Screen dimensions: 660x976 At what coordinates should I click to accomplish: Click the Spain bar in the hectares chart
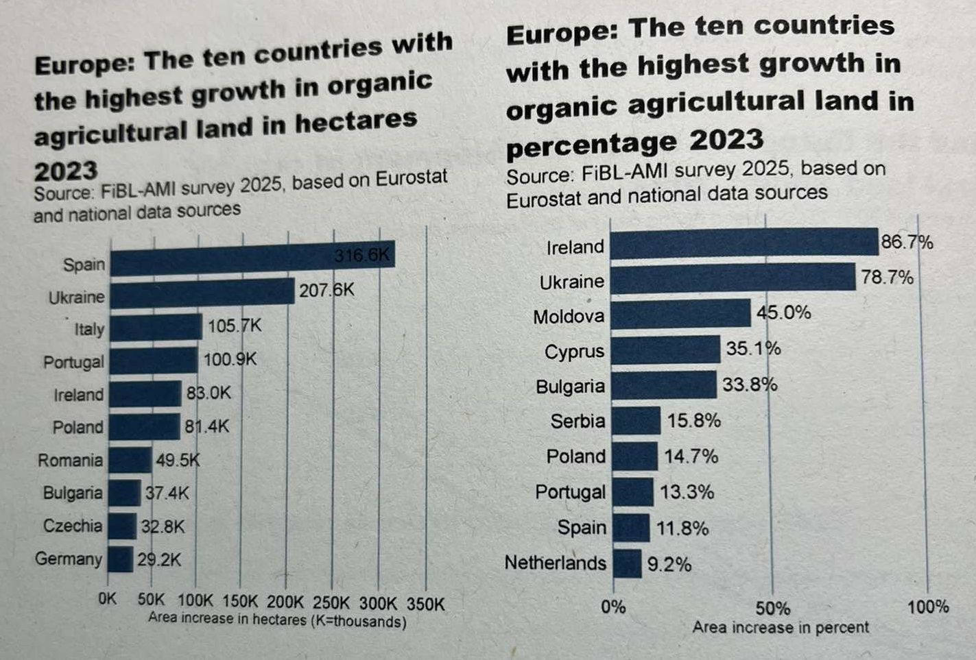pos(252,259)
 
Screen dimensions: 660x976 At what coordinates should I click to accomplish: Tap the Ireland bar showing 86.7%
pos(744,243)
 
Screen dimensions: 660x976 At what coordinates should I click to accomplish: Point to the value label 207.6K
pos(326,291)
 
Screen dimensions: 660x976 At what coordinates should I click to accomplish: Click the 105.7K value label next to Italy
pos(235,326)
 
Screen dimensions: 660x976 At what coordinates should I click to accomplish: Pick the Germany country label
pos(69,559)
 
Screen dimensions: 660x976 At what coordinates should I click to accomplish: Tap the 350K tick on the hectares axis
pos(426,604)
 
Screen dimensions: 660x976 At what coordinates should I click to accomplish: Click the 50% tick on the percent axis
pos(773,608)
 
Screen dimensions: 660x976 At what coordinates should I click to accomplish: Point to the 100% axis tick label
pos(928,607)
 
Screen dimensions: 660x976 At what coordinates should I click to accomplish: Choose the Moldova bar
pos(680,314)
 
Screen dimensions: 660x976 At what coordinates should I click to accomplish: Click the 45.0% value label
pos(784,313)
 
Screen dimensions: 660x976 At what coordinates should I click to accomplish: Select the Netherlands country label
pos(556,563)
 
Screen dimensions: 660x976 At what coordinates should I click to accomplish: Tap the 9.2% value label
pos(669,565)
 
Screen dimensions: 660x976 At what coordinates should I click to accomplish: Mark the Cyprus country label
pos(574,352)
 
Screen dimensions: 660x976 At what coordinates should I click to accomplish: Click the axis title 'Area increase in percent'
pos(781,628)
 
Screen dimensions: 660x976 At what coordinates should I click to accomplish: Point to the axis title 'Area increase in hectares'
pos(277,621)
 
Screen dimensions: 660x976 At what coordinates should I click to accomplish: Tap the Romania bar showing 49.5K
pos(130,460)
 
